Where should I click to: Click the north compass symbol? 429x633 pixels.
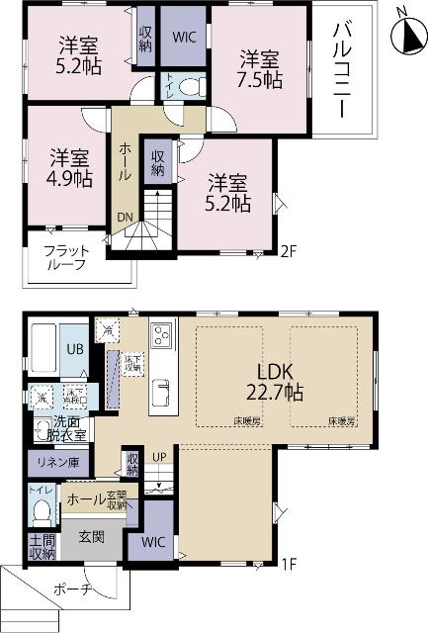tap(406, 37)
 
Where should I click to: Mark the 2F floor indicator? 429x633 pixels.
tap(288, 252)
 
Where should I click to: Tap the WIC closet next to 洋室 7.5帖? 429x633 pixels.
tap(184, 36)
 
